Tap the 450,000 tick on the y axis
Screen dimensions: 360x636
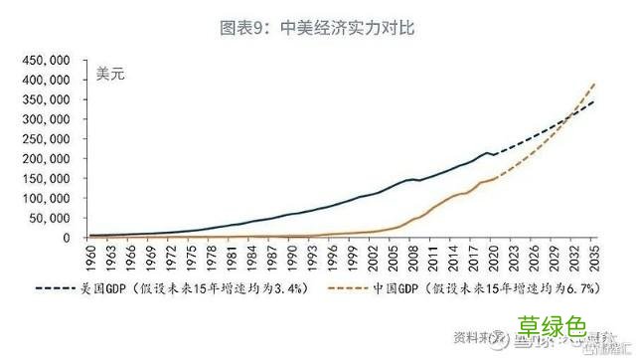pos(44,61)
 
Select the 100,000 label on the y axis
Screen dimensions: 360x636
pos(44,198)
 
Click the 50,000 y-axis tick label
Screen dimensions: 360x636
pos(48,218)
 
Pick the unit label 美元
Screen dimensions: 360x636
pos(109,73)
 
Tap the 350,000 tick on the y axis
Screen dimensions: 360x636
pos(44,99)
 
